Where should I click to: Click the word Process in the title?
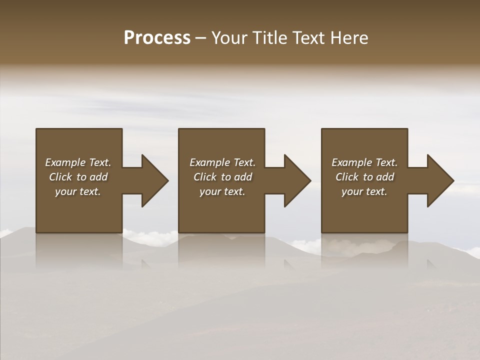click(157, 38)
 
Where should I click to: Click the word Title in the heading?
click(268, 38)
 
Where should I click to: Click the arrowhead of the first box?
click(154, 180)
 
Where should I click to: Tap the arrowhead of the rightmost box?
click(440, 180)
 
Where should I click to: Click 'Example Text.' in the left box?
click(78, 162)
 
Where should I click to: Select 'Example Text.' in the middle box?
click(222, 162)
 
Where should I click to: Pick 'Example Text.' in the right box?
click(364, 162)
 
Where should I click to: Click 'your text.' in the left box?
click(78, 191)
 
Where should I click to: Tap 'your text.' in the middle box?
click(222, 191)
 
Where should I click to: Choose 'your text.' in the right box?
click(364, 191)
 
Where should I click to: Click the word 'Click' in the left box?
click(61, 177)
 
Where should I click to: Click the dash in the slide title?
click(200, 38)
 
